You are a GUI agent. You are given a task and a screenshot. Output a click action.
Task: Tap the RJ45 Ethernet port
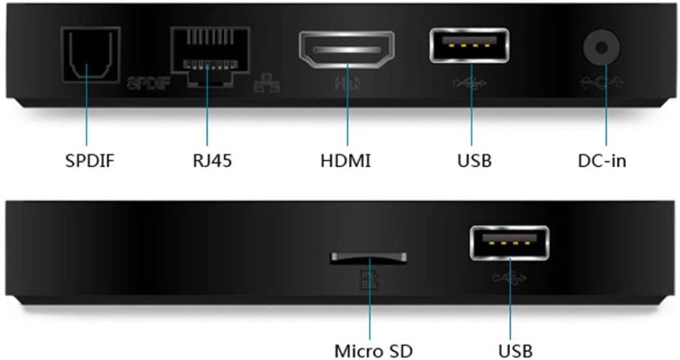[x=209, y=56]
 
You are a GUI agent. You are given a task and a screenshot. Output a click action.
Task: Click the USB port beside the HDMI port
[x=469, y=46]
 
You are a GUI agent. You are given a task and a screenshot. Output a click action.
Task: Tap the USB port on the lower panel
[x=509, y=243]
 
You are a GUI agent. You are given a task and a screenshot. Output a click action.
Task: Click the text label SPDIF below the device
[x=88, y=159]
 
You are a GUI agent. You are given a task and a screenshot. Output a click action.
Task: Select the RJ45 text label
[x=208, y=159]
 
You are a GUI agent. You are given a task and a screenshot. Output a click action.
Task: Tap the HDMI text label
[x=347, y=159]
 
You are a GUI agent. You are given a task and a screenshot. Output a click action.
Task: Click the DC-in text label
[x=602, y=159]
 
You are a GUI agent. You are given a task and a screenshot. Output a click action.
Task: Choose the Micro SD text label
[x=370, y=348]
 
